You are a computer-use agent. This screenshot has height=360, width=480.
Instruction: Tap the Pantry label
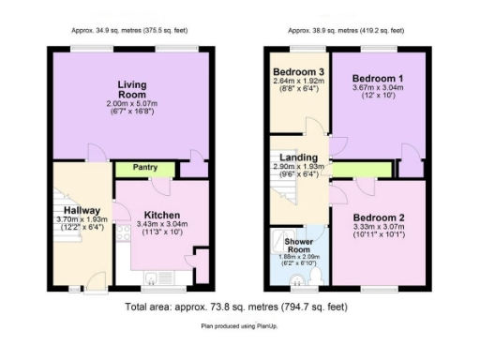[x=146, y=169]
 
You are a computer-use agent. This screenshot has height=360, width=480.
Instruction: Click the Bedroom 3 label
[x=297, y=71]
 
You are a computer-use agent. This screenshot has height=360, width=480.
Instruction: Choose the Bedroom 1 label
[x=380, y=80]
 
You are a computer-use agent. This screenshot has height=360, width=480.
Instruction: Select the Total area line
[x=240, y=307]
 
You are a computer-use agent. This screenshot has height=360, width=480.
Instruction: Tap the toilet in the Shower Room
[x=315, y=277]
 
